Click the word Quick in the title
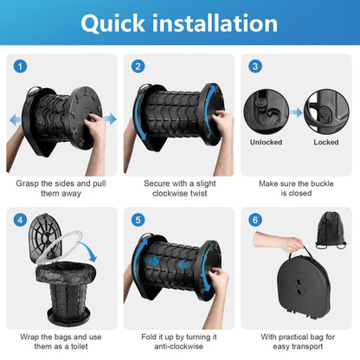(112, 23)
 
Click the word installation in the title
(215, 23)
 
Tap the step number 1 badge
(20, 67)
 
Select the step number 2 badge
(138, 67)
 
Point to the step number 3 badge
(255, 67)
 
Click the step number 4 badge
(20, 220)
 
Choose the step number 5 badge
(138, 220)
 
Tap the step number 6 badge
(255, 220)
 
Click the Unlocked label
(266, 142)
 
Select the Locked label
(326, 142)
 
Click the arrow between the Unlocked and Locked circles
(296, 112)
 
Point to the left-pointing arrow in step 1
(16, 120)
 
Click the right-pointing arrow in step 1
(110, 119)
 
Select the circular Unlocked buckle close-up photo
(267, 112)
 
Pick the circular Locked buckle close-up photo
(326, 112)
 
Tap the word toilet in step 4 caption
(80, 346)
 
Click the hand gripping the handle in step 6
(292, 244)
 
